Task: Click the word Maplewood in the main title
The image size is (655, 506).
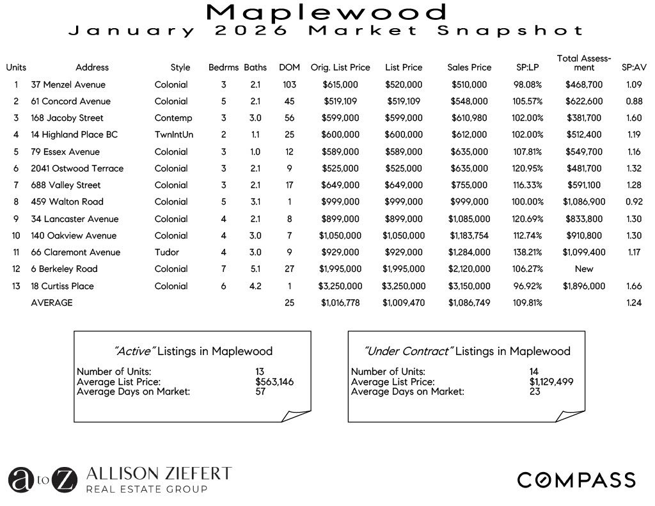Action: [x=327, y=12]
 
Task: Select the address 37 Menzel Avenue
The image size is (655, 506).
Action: [x=68, y=84]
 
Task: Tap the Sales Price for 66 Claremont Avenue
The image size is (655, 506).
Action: [x=469, y=252]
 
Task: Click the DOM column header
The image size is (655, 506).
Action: [x=289, y=67]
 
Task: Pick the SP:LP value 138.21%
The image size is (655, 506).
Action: [x=529, y=252]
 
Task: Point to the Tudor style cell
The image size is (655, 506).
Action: [x=167, y=252]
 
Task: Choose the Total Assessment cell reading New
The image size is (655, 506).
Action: [x=583, y=269]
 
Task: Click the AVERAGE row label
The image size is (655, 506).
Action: [x=52, y=303]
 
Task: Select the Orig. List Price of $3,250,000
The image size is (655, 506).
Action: [x=340, y=286]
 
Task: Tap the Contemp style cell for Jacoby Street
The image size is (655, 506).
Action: [x=173, y=118]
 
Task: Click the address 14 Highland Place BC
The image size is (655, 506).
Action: [x=74, y=134]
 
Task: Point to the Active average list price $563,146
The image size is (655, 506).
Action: [x=274, y=382]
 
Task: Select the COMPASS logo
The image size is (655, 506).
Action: [x=576, y=480]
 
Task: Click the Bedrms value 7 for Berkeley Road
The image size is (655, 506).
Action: [x=224, y=269]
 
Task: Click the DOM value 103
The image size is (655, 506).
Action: [x=289, y=84]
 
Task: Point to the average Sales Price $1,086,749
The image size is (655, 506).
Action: [x=469, y=303]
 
